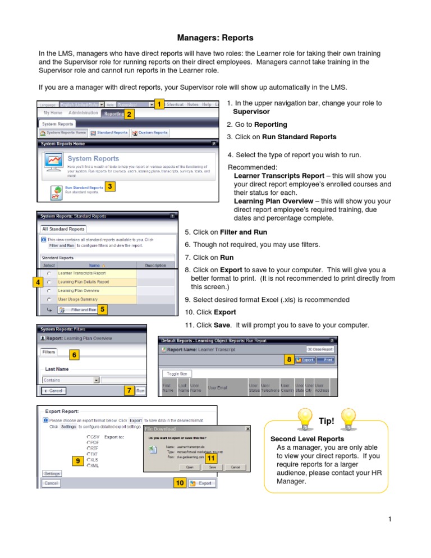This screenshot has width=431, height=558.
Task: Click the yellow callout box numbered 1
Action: [x=159, y=105]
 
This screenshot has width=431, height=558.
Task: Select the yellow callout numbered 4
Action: [x=36, y=283]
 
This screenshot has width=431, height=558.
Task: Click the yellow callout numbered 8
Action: [x=288, y=359]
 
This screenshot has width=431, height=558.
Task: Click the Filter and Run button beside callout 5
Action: [x=81, y=310]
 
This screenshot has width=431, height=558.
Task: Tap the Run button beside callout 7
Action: [x=141, y=390]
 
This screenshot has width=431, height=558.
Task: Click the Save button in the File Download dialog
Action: [x=212, y=466]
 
